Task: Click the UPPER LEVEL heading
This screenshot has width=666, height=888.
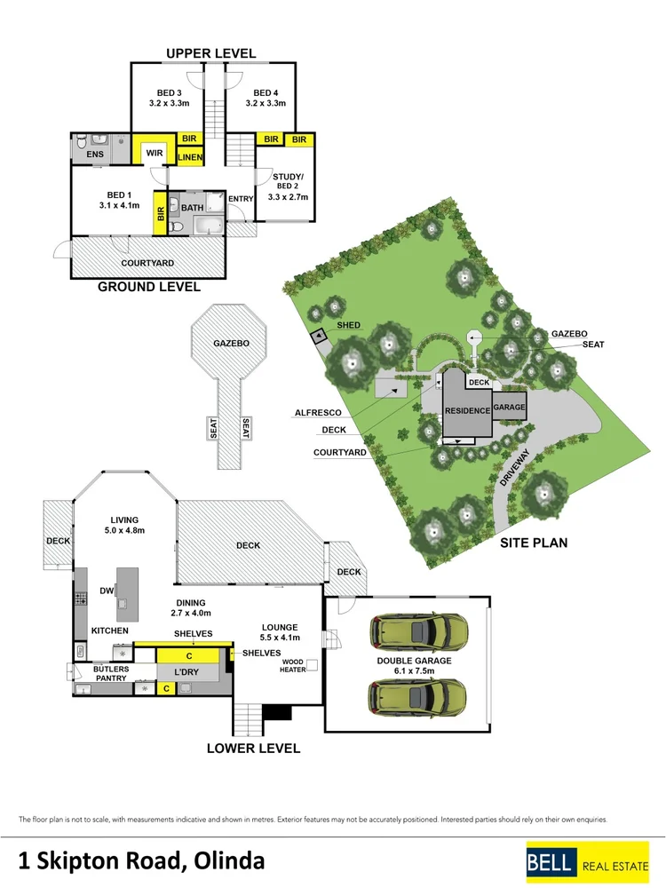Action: (x=210, y=53)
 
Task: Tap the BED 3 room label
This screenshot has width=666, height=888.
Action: (x=170, y=93)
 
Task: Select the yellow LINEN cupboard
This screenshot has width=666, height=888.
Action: (x=190, y=157)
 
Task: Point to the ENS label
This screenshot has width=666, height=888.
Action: (x=95, y=154)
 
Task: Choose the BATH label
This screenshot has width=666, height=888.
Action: (x=193, y=208)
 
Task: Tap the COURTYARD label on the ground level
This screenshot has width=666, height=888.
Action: (x=147, y=263)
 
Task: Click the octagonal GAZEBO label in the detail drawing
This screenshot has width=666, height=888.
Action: (x=231, y=343)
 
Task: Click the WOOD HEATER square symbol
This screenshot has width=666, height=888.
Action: (x=313, y=665)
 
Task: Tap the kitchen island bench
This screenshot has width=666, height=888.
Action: (x=127, y=595)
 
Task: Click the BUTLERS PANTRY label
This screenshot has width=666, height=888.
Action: (x=111, y=673)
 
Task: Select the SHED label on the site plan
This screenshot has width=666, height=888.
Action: (x=348, y=325)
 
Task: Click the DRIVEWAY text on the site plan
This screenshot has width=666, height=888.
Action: (x=514, y=468)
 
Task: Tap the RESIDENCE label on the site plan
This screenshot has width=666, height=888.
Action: (x=467, y=410)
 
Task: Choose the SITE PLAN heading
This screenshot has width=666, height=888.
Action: (x=534, y=543)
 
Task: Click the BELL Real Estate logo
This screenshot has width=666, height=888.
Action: (x=587, y=862)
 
